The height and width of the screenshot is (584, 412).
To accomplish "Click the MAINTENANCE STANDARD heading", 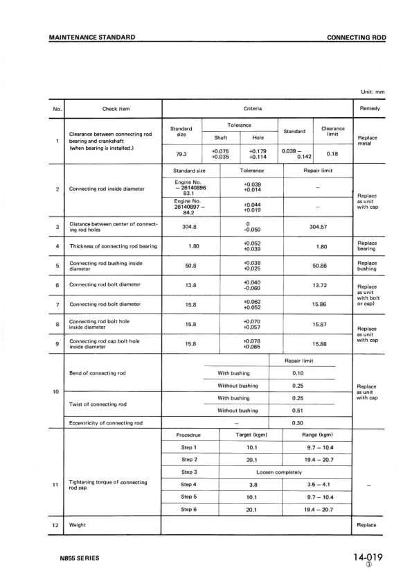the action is pos(92,37).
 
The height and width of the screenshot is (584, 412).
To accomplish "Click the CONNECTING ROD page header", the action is pos(356,37).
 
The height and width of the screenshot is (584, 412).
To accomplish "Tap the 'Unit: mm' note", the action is pos(373,92).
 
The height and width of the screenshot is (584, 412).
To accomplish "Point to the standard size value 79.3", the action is pos(181,154).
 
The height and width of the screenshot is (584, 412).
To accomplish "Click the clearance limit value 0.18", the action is pos(332,154).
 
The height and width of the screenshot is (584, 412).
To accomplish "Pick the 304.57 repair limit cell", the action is pos(318,227).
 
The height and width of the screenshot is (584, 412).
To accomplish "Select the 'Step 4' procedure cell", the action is pos(189,485).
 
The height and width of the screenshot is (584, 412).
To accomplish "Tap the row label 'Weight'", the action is pos(78,525).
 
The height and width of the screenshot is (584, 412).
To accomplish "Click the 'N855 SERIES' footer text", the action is pos(79,558).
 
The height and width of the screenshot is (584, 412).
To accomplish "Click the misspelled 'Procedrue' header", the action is pos(189,434).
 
